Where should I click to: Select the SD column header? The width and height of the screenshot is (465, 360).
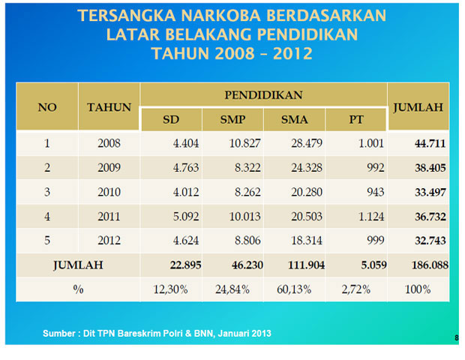point(171,119)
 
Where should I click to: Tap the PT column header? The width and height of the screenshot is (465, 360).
point(356,119)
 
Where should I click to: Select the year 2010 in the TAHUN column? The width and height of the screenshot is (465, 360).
point(109,192)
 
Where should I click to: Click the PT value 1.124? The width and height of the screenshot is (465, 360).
point(369,216)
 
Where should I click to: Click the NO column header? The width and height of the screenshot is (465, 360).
point(47,107)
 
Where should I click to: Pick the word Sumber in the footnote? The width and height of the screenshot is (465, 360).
point(60,332)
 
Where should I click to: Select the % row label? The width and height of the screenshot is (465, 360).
point(78,289)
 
